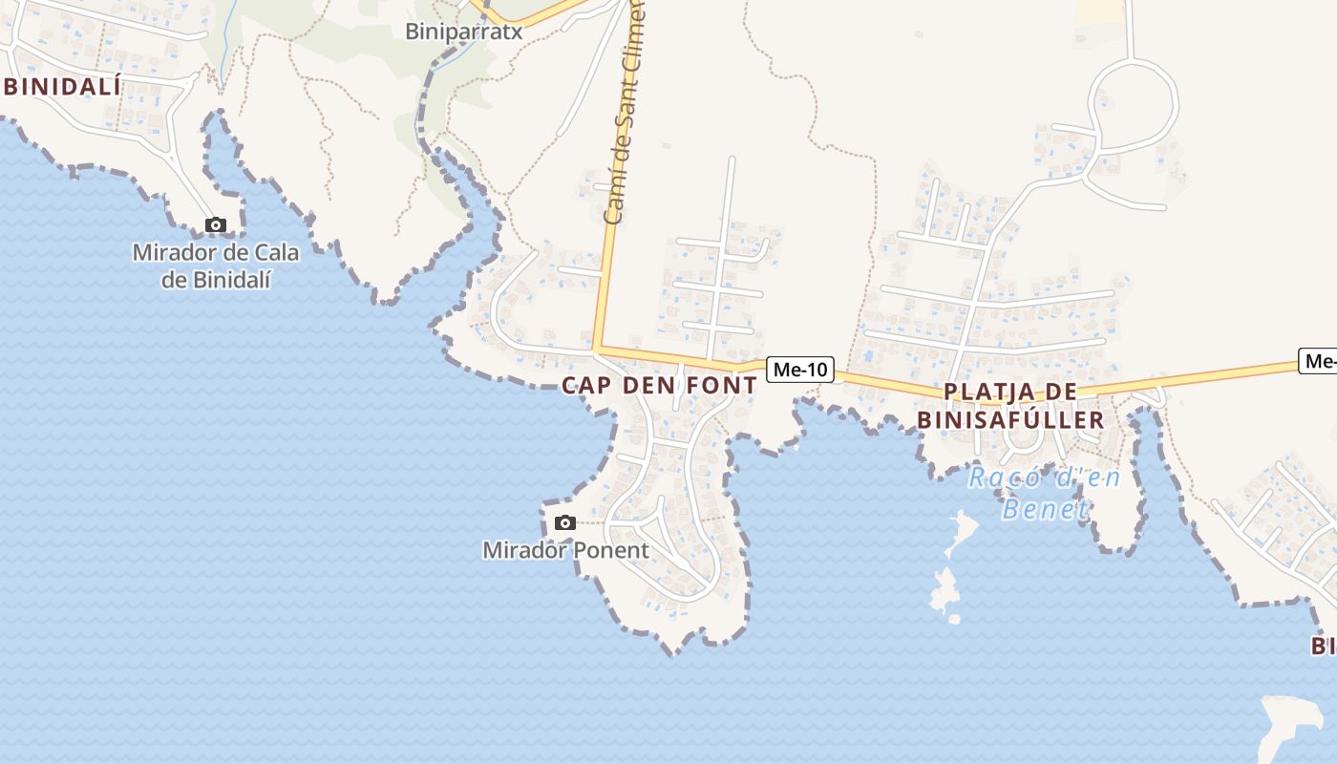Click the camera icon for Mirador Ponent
[x=565, y=522]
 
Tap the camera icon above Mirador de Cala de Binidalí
[x=216, y=225]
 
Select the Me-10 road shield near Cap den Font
[x=799, y=370]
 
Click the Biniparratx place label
[x=464, y=31]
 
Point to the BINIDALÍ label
[x=63, y=87]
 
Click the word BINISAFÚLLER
[x=1010, y=420]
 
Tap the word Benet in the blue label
[x=1046, y=509]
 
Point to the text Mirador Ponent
[x=565, y=551]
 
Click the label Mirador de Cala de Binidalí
[x=216, y=266]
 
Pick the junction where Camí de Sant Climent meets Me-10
[x=596, y=350]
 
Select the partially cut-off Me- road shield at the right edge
[x=1319, y=361]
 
